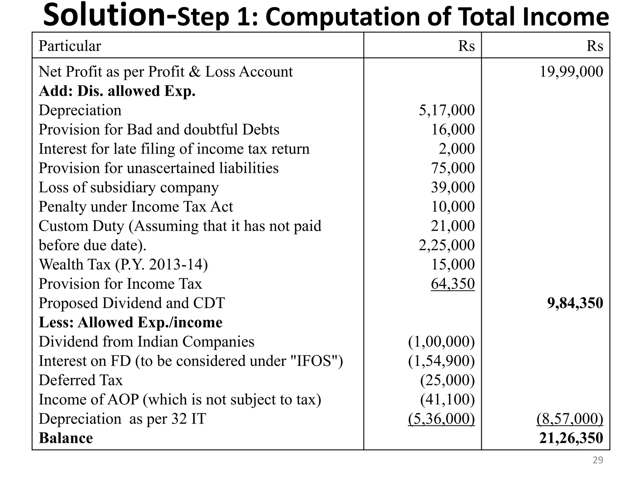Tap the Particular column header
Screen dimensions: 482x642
(x=70, y=46)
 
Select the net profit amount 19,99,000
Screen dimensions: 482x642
(x=571, y=72)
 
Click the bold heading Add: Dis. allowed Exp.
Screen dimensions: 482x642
(x=117, y=91)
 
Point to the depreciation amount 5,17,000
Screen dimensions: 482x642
(x=447, y=110)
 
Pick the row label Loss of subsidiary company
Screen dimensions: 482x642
(x=129, y=187)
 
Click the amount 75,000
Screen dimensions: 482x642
(x=453, y=168)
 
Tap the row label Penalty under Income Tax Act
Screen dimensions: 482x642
(x=136, y=207)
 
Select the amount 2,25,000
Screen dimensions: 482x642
(x=447, y=245)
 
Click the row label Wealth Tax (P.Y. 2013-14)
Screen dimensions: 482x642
(x=123, y=265)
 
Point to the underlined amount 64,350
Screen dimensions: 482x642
(x=453, y=284)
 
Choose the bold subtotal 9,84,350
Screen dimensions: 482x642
(x=575, y=303)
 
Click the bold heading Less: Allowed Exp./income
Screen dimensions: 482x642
(x=130, y=322)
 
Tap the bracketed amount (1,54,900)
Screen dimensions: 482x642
(x=441, y=361)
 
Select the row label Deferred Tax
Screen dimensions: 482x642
(x=81, y=380)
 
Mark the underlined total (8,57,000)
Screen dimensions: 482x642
(x=570, y=419)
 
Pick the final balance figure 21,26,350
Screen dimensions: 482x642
(x=571, y=438)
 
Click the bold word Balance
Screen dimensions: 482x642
(x=66, y=438)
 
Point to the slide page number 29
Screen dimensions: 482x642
(x=598, y=460)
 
